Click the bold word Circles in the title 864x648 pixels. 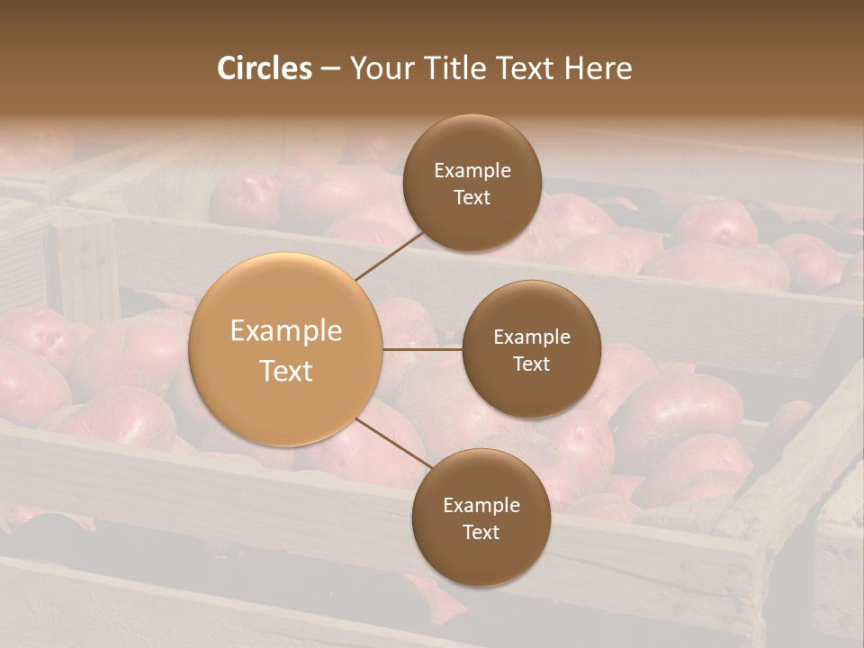tap(265, 68)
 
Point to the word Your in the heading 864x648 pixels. tap(377, 68)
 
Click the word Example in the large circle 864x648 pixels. tap(286, 331)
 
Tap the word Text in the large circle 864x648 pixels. tap(286, 371)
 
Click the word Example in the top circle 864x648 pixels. tap(472, 171)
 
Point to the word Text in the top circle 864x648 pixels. tap(472, 198)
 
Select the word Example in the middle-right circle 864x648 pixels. tap(532, 337)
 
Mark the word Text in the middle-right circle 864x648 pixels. tap(531, 364)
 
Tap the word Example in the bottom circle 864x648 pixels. tap(481, 506)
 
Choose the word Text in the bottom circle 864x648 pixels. tap(481, 533)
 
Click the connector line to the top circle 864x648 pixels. tap(389, 256)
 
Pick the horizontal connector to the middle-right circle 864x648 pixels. tap(423, 349)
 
